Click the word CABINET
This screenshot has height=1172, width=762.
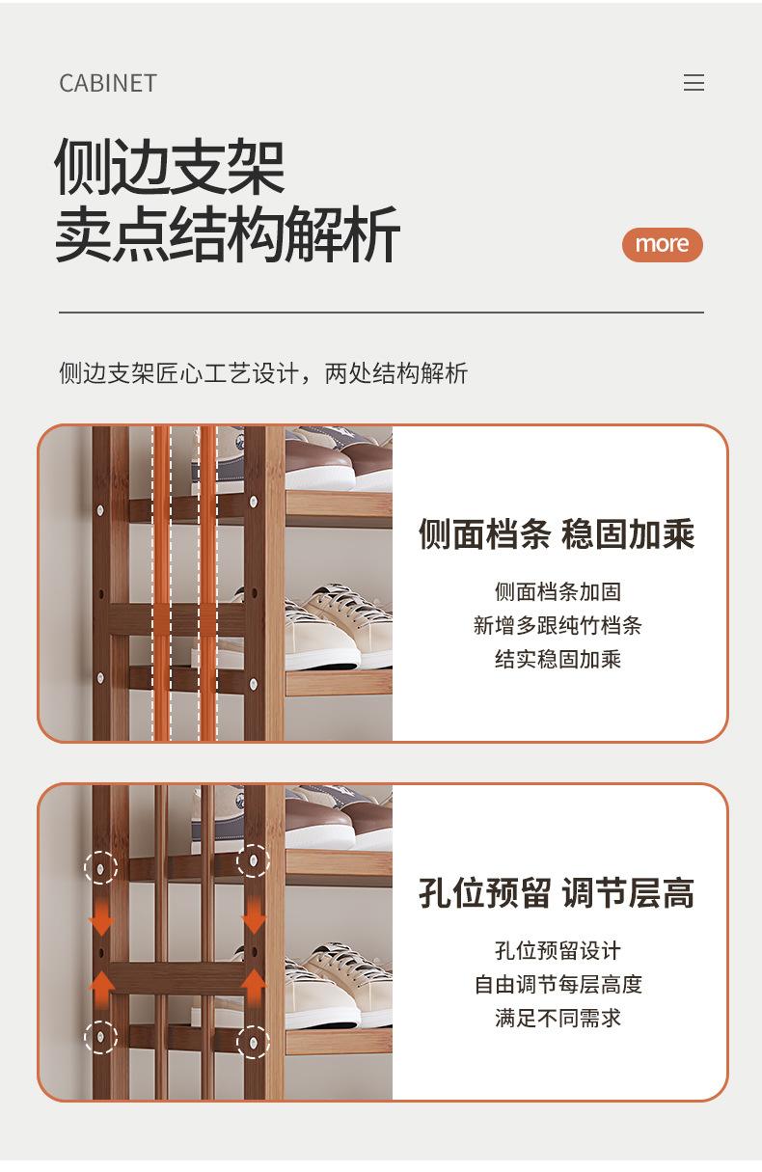107,83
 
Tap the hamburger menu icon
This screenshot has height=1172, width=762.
694,83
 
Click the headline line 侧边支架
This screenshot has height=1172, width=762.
169,167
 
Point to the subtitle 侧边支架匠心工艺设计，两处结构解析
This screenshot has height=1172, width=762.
263,373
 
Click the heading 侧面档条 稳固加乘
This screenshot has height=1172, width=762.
557,533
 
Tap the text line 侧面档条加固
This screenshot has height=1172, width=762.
557,591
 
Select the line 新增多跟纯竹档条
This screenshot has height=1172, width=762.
557,625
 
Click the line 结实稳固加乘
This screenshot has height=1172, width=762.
557,659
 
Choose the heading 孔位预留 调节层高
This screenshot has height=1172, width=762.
557,892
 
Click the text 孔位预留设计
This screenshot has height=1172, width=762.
557,950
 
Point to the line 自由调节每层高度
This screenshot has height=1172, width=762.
557,984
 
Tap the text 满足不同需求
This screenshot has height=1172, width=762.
557,1018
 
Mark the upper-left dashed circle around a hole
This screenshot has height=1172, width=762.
100,866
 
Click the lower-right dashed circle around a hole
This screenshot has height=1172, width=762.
254,1040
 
